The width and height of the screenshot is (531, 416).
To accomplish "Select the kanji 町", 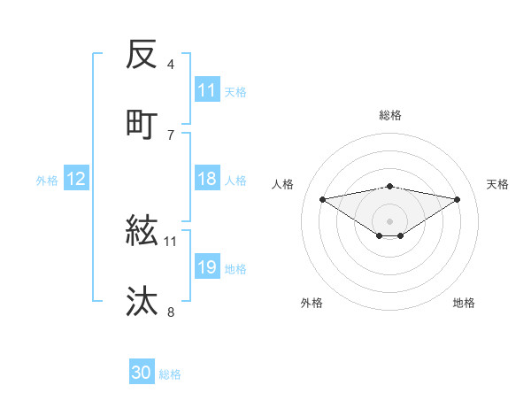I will pyautogui.click(x=142, y=124).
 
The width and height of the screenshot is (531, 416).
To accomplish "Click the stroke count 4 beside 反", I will pyautogui.click(x=171, y=65).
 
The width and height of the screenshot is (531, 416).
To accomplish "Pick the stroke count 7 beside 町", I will pyautogui.click(x=171, y=135).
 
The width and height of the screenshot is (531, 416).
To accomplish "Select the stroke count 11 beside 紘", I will pyautogui.click(x=171, y=241).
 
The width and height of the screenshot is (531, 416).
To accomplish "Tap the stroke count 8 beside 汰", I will pyautogui.click(x=171, y=312).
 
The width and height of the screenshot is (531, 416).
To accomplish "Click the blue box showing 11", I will pyautogui.click(x=207, y=90).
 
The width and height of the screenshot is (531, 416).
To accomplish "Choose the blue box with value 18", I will pyautogui.click(x=207, y=179).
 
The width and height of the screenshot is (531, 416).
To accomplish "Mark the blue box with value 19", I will pyautogui.click(x=207, y=267).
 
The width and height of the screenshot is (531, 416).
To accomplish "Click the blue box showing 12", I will pyautogui.click(x=76, y=179).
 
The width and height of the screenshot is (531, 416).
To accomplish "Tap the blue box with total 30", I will pyautogui.click(x=142, y=373).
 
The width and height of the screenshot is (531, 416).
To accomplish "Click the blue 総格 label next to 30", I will pyautogui.click(x=171, y=374).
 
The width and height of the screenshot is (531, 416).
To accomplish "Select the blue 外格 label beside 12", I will pyautogui.click(x=47, y=181).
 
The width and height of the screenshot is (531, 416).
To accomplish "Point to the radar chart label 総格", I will pyautogui.click(x=390, y=115).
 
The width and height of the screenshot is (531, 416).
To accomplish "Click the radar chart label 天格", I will pyautogui.click(x=497, y=184).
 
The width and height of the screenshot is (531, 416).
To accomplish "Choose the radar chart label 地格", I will pyautogui.click(x=464, y=303).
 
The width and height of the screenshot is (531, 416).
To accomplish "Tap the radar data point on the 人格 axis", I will pyautogui.click(x=323, y=198).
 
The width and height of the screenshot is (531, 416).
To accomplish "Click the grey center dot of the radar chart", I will pyautogui.click(x=390, y=220).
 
